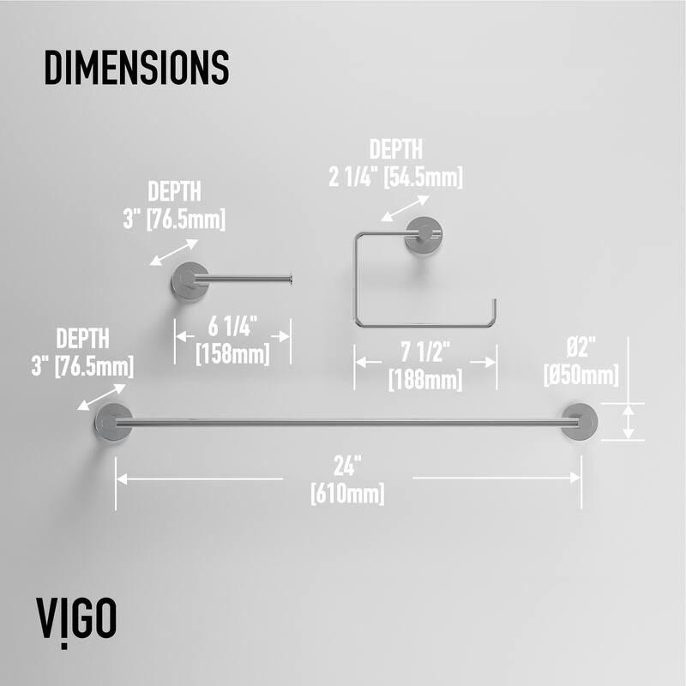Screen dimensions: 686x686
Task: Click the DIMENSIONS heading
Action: pyautogui.click(x=136, y=68)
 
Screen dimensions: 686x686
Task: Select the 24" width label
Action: pyautogui.click(x=348, y=466)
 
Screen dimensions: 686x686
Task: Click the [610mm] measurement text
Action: pyautogui.click(x=348, y=494)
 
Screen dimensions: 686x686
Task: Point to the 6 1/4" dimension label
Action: pyautogui.click(x=232, y=327)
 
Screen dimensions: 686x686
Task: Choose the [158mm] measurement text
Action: pyautogui.click(x=232, y=354)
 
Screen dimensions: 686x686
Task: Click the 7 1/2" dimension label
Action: pyautogui.click(x=425, y=352)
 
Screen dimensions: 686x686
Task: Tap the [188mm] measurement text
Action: pyautogui.click(x=425, y=380)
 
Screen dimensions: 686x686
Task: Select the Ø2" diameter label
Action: pyautogui.click(x=581, y=348)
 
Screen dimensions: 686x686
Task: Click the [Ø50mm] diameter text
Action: pyautogui.click(x=581, y=376)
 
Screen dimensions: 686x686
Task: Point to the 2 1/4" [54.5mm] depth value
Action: pyautogui.click(x=395, y=178)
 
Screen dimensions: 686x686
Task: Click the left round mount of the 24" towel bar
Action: pyautogui.click(x=114, y=422)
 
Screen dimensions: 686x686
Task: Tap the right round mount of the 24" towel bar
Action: pyautogui.click(x=580, y=421)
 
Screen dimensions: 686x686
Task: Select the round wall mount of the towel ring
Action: pyautogui.click(x=424, y=234)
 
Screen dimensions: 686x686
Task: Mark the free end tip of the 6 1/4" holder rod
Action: pyautogui.click(x=291, y=280)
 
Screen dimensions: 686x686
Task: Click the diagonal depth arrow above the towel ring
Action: pyautogui.click(x=405, y=208)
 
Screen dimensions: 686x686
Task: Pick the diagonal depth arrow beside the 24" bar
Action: pyautogui.click(x=101, y=397)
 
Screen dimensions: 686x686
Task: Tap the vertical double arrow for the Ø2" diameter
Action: pyautogui.click(x=629, y=422)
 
